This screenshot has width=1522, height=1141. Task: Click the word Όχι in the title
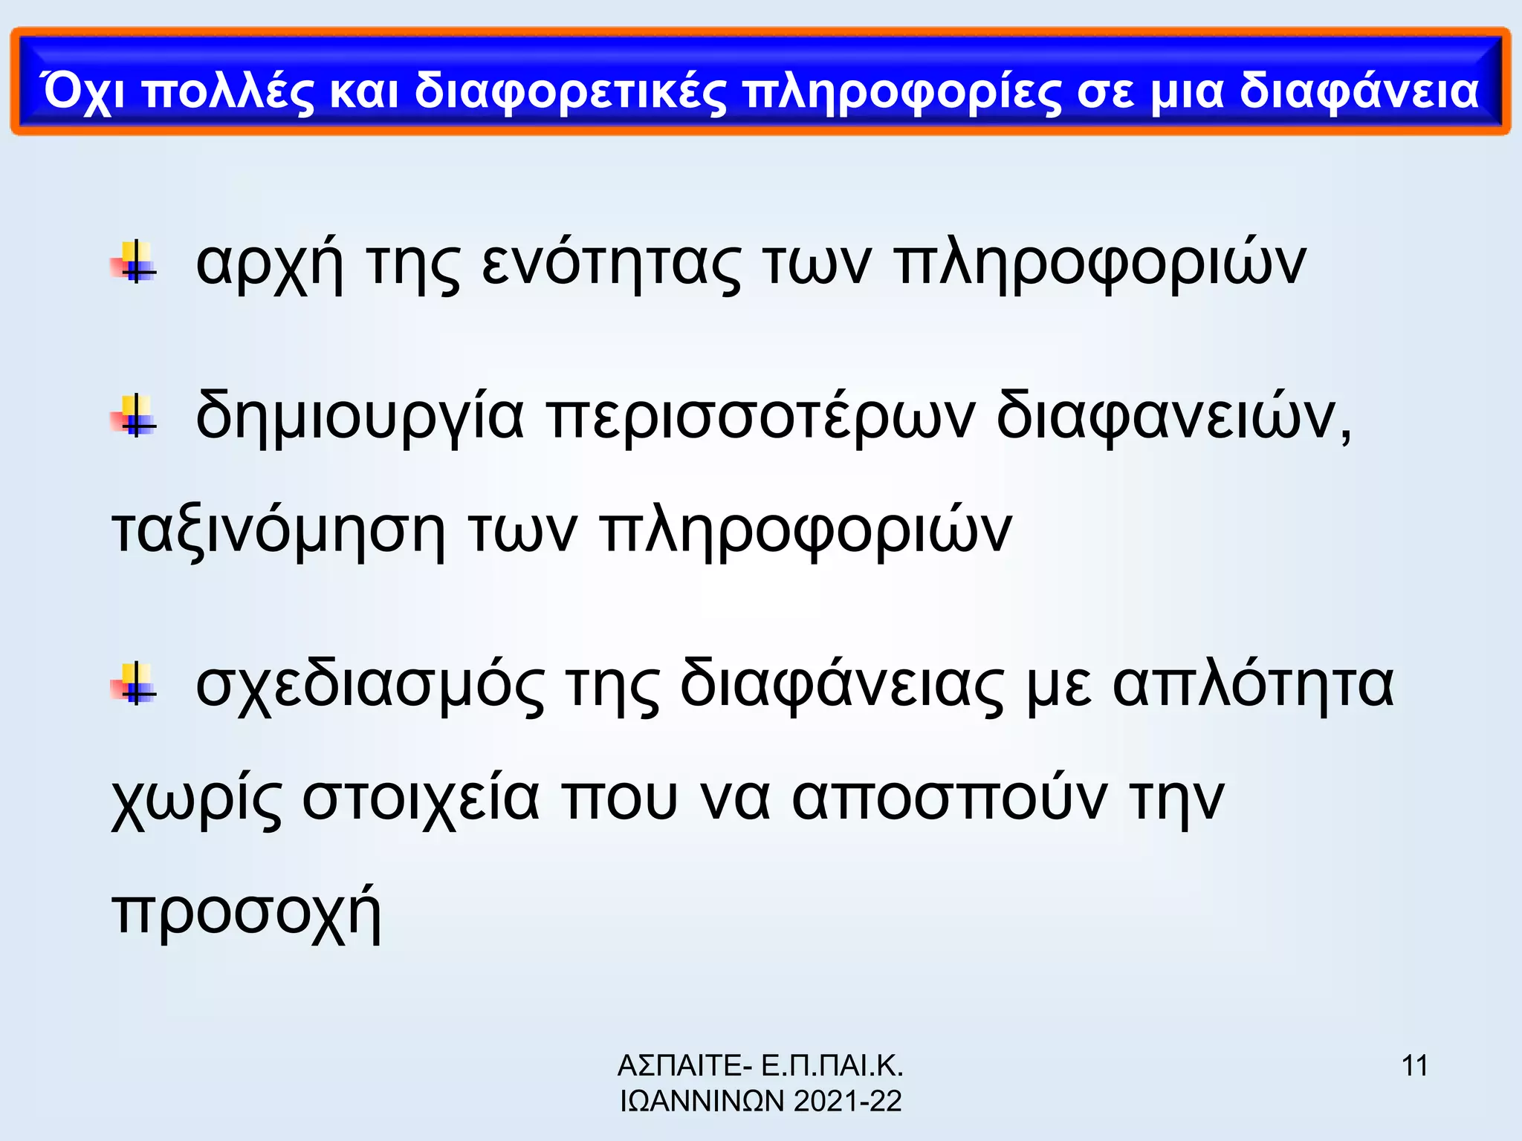point(83,92)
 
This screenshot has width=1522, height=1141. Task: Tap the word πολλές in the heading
point(229,92)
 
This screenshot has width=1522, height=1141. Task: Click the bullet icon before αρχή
point(135,262)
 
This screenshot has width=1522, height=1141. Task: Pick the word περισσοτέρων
point(760,417)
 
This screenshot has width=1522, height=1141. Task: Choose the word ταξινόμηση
point(279,531)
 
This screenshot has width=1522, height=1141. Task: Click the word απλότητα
point(1253,684)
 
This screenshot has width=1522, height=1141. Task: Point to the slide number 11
point(1414,1066)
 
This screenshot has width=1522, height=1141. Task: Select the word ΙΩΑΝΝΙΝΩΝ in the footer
point(702,1101)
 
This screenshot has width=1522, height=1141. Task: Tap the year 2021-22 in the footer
point(847,1101)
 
